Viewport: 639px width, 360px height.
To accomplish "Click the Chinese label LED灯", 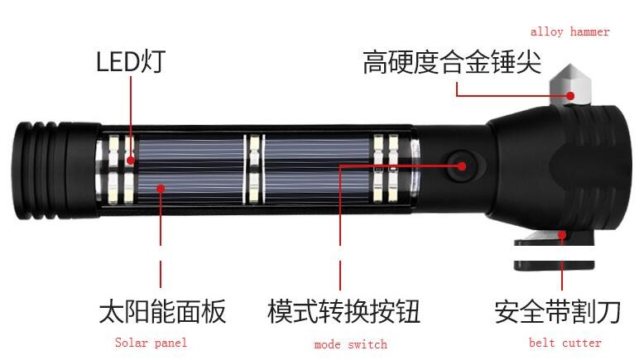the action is click(x=131, y=61).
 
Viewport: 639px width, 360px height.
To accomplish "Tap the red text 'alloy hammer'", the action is click(x=569, y=31).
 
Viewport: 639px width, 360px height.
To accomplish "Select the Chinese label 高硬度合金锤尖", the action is click(x=452, y=62).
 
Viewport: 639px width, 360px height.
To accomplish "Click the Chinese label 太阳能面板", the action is click(x=162, y=311).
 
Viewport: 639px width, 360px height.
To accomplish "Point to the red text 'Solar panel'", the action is click(x=151, y=343).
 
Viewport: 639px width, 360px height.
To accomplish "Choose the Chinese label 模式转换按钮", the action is click(x=344, y=311).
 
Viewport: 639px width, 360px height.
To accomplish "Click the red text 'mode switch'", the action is click(x=350, y=344).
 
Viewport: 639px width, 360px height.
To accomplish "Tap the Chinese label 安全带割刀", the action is click(x=558, y=312).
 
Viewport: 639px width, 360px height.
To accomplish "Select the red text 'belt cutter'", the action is click(x=565, y=343).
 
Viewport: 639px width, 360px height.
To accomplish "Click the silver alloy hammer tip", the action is click(x=569, y=84).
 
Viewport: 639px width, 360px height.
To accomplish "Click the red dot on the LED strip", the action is click(x=131, y=160).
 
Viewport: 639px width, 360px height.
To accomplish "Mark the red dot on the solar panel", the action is click(x=161, y=189).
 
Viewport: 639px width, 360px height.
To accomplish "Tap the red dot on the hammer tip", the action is click(x=570, y=96).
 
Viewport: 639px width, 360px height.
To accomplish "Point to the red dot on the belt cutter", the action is click(x=562, y=235).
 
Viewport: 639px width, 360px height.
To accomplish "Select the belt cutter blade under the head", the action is click(x=555, y=251).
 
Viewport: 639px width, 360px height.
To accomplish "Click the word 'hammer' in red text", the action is click(x=589, y=31).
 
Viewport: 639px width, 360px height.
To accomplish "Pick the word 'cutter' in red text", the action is click(x=581, y=343).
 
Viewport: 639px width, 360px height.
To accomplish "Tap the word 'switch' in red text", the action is click(x=368, y=344).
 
